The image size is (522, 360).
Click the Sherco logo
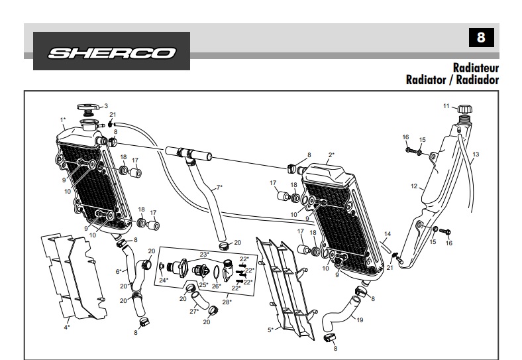pos(111,52)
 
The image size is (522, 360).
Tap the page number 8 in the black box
pos(481,38)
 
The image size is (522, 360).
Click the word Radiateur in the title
pos(476,68)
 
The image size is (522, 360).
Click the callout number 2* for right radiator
pos(331,155)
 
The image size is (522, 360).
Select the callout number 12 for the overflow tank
pos(414,186)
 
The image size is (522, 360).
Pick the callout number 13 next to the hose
pos(475,154)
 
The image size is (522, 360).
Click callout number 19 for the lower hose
pos(360,320)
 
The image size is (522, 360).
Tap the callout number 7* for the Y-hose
pos(219,187)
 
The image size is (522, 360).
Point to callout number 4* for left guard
pos(66,326)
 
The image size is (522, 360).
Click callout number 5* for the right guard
pos(270,330)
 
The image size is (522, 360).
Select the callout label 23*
pos(204,254)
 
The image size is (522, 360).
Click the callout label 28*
pos(227,302)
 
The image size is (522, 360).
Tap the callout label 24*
pos(163,280)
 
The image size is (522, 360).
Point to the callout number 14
pos(388,233)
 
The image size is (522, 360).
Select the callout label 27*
pos(194,311)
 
